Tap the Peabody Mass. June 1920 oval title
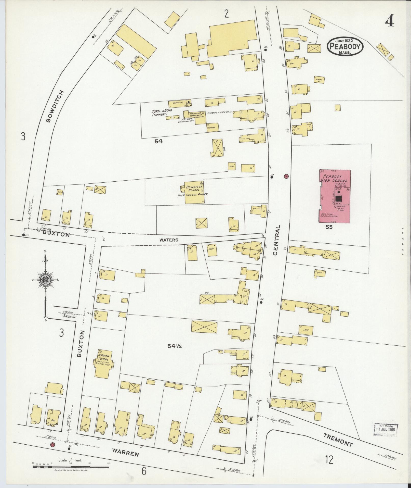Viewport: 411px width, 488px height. point(345,46)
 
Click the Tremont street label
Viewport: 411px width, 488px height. point(338,440)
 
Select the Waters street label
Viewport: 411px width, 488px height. point(169,240)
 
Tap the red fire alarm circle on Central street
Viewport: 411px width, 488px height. point(286,176)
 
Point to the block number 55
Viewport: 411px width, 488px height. point(329,227)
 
